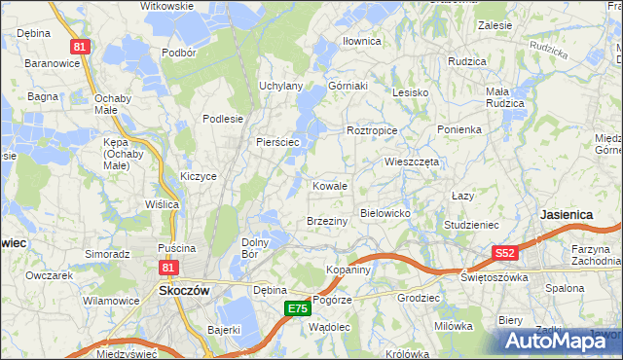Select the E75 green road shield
(298, 308)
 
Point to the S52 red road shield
(504, 253)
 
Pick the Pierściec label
(282, 142)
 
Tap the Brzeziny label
(327, 222)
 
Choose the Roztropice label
(372, 129)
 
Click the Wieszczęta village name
(412, 162)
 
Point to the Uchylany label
(280, 86)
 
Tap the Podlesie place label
(222, 119)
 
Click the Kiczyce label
(198, 176)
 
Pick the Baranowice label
(46, 63)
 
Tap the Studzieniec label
(471, 225)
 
